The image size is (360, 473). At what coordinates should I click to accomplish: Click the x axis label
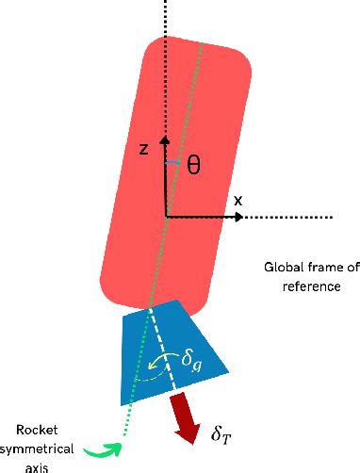pos(237,200)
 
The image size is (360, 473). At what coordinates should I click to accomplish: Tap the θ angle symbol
pos(192,165)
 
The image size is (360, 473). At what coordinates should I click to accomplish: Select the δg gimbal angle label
pos(191,361)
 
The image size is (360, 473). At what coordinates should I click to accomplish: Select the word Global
pos(284,269)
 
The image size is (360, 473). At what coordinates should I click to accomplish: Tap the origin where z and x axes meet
pos(166,217)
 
